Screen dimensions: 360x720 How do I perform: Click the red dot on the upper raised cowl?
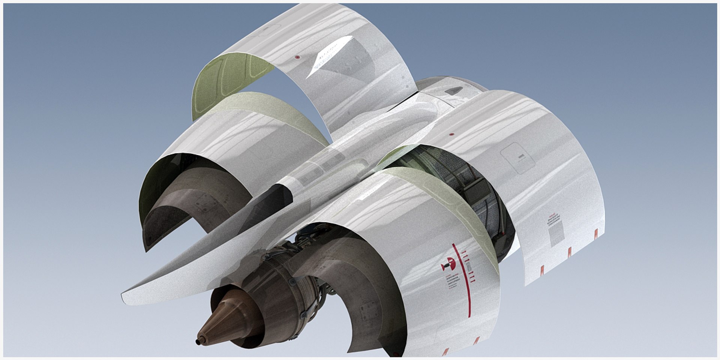point(297,57)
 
